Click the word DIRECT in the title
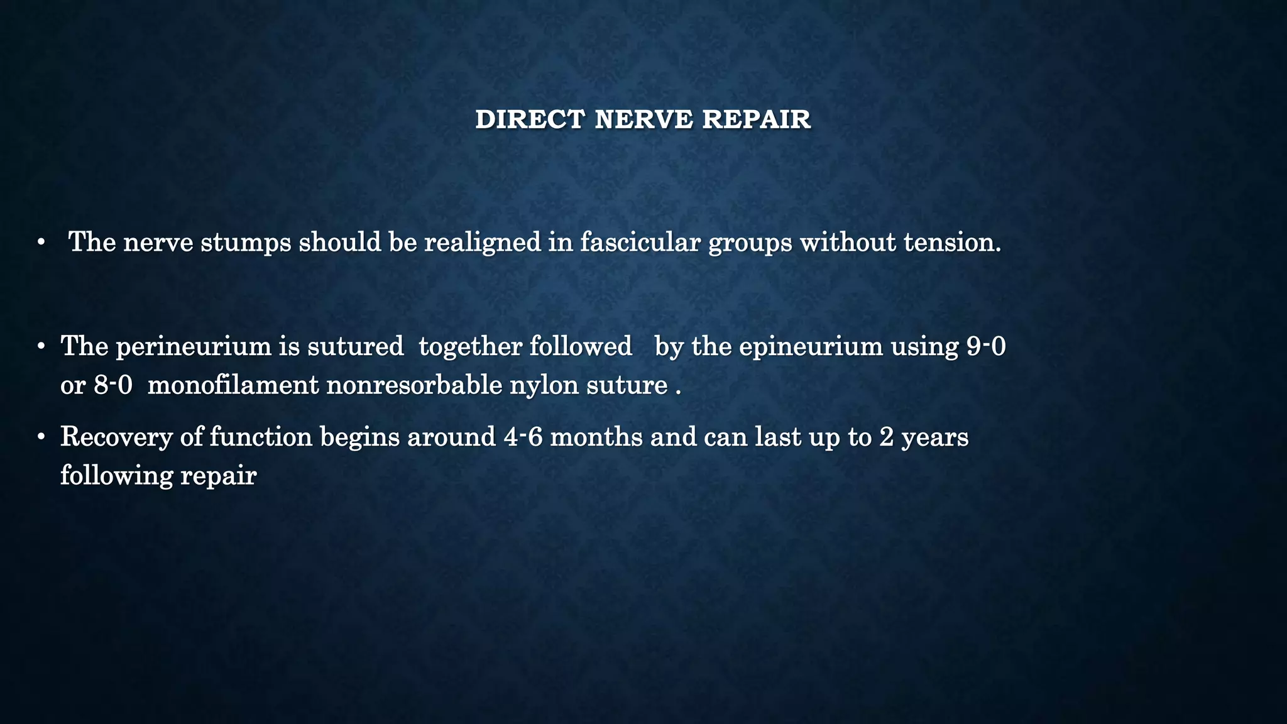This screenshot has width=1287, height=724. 530,119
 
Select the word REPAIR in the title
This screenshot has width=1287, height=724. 756,119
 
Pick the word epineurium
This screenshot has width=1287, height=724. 811,346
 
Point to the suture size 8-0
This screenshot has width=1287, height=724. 113,385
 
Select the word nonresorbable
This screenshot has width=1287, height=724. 414,385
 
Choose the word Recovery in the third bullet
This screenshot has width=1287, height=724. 116,437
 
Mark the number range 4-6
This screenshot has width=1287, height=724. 523,437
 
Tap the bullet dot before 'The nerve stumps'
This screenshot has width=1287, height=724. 41,243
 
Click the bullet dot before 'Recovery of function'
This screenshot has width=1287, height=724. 41,436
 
